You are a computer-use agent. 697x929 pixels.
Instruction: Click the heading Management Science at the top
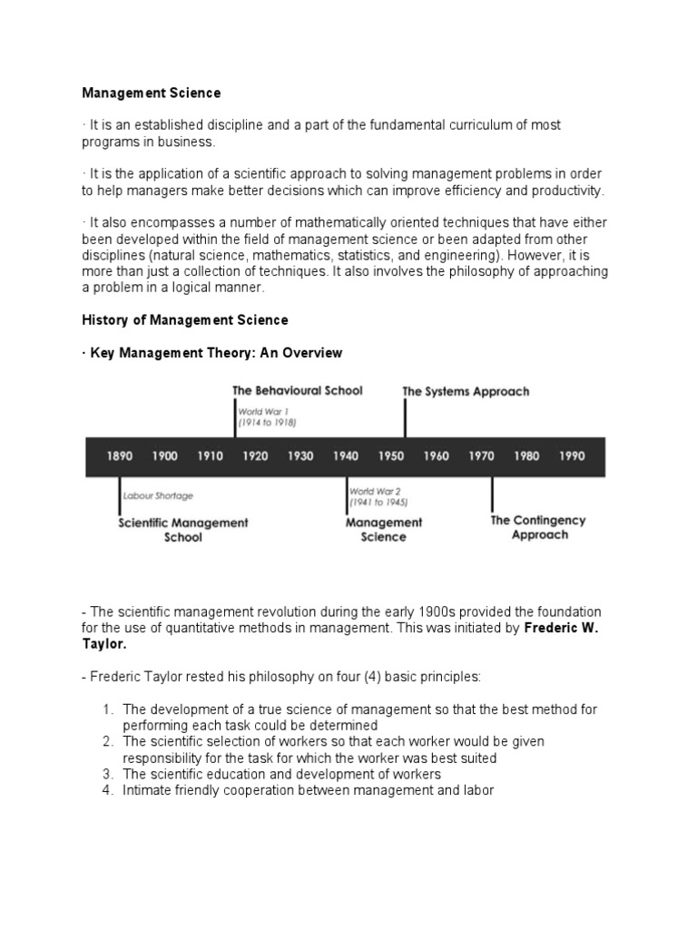(x=152, y=93)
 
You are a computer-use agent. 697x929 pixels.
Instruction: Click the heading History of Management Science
(x=185, y=319)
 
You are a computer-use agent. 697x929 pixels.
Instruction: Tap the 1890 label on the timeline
(x=120, y=456)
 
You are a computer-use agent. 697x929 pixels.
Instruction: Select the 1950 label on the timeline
(x=391, y=456)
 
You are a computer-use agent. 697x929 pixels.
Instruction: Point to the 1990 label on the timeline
(x=572, y=456)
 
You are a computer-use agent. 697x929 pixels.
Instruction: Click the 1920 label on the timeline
(x=255, y=456)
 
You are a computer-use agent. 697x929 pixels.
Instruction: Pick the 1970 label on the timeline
(x=481, y=456)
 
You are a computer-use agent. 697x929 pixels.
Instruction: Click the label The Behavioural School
(x=297, y=391)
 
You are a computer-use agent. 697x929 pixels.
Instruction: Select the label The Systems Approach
(x=466, y=392)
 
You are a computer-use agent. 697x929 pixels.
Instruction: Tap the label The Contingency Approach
(x=538, y=528)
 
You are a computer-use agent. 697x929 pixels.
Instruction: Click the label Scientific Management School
(x=183, y=530)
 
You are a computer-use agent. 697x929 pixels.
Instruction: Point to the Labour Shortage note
(x=159, y=496)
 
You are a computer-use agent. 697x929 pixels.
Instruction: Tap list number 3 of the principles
(x=107, y=774)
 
